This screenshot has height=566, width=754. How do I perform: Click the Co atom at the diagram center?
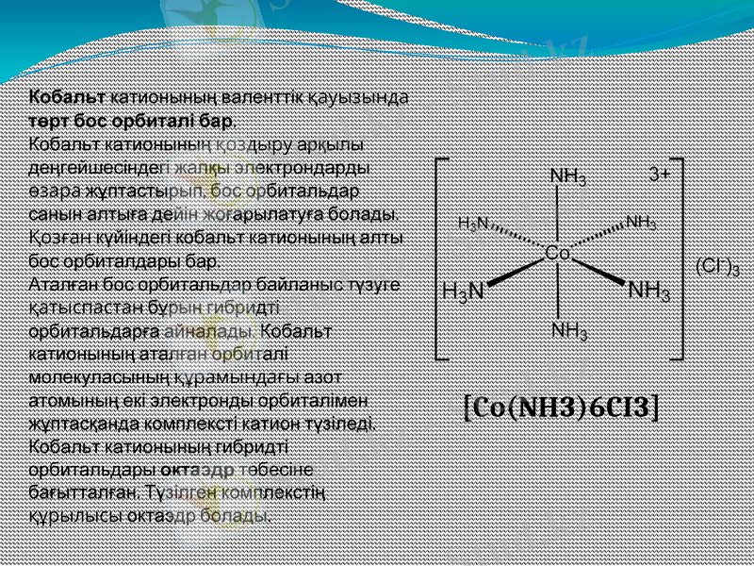coord(557,254)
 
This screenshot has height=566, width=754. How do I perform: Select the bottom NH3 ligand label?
coord(569,331)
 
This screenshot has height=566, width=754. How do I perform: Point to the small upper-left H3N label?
coord(473,224)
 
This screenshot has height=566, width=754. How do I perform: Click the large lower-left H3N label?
coord(463,293)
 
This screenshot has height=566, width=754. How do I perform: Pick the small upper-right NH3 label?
coord(641,223)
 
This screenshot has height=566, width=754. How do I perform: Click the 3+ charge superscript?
coord(660,175)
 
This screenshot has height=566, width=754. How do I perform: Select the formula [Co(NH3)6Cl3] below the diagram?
coord(562,407)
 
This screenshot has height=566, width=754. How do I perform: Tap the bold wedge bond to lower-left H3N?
coord(516,271)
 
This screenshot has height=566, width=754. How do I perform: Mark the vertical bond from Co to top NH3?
coord(559,215)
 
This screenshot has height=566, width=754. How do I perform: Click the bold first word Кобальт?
coord(68,97)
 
